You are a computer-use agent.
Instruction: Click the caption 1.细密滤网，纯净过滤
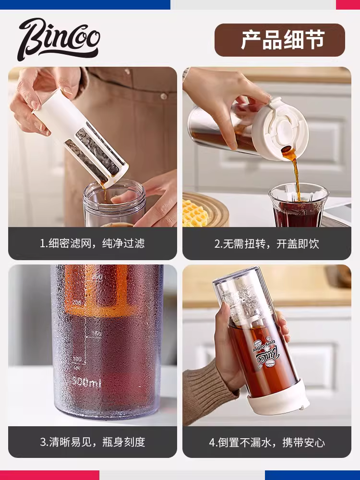92,243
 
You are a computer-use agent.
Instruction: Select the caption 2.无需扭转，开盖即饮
266,243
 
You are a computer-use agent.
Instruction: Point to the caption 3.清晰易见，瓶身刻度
92,441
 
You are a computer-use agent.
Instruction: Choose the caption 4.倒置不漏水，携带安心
266,441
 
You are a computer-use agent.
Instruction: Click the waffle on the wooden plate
194,213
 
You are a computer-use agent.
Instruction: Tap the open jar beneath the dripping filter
114,204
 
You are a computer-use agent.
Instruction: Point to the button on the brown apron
164,96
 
